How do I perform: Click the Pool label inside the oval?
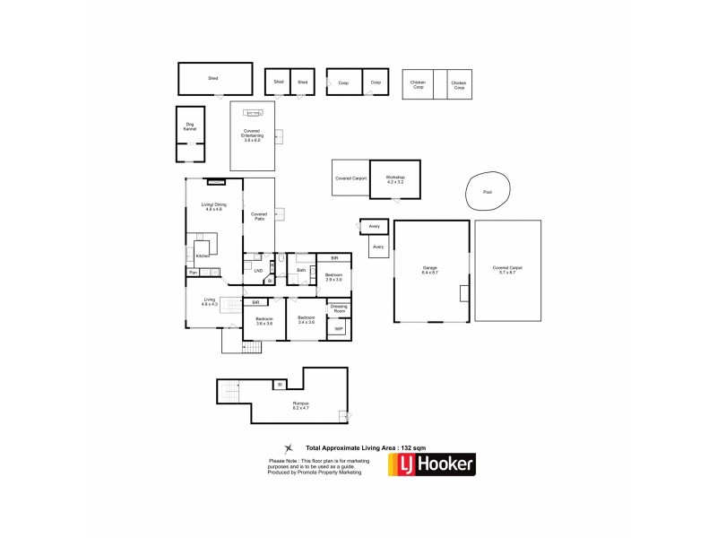(x=488, y=192)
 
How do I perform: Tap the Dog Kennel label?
(x=190, y=126)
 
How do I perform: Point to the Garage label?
(x=430, y=269)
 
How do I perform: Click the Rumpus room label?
(x=301, y=405)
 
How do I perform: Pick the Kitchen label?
(x=203, y=256)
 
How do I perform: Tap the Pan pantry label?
(x=193, y=272)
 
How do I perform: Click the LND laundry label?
(x=258, y=270)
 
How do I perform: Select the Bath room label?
(x=301, y=269)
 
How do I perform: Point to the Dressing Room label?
(x=339, y=309)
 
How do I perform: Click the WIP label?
(x=339, y=329)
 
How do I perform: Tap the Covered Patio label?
(x=259, y=216)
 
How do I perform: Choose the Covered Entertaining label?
(x=252, y=134)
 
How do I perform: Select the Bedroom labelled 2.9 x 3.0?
(x=333, y=276)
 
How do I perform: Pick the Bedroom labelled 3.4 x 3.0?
(x=307, y=320)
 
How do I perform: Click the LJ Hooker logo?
(x=431, y=464)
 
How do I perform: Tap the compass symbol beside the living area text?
(x=289, y=448)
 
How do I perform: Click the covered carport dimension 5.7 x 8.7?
(x=507, y=273)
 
